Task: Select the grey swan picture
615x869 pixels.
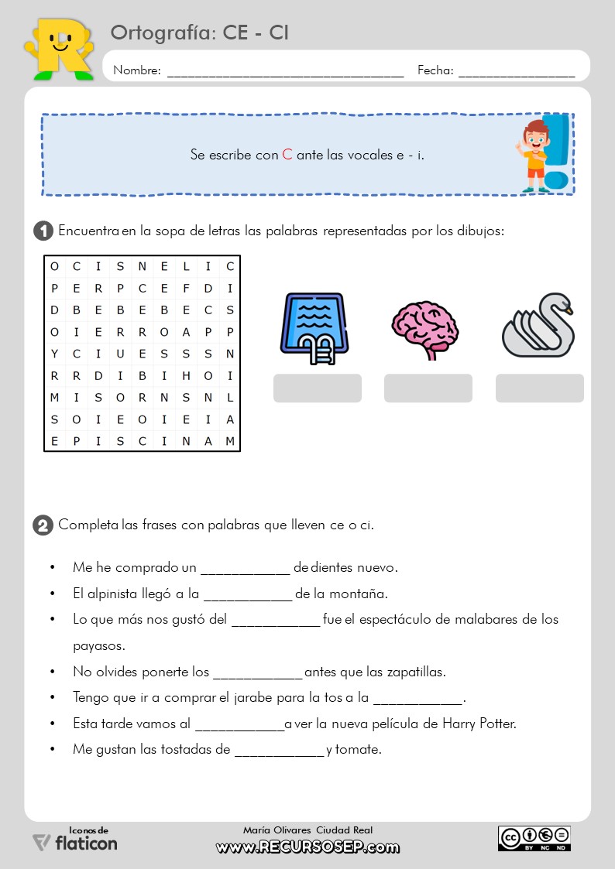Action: tap(538, 326)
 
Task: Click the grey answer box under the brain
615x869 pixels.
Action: tap(428, 388)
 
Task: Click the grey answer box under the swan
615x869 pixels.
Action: tap(539, 388)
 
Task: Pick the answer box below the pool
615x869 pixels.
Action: tap(317, 388)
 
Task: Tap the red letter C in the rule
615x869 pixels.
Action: tap(287, 154)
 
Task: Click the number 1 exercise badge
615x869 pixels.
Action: tap(43, 231)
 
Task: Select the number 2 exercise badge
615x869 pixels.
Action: tap(43, 525)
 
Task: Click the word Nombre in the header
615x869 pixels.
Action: tap(136, 70)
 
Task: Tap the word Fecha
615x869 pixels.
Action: tap(435, 70)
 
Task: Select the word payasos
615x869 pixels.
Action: tap(98, 645)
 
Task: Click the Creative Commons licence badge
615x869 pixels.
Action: tap(534, 838)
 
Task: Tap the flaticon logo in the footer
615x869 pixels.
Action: tap(75, 842)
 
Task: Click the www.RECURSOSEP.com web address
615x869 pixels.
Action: tap(307, 847)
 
